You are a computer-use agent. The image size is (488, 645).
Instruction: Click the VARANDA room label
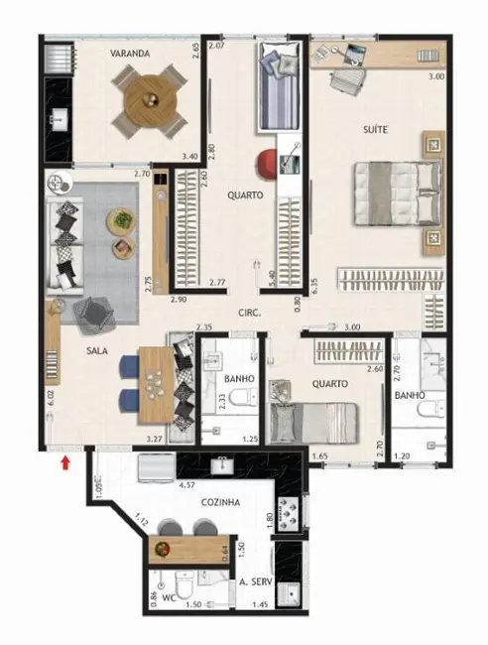129,55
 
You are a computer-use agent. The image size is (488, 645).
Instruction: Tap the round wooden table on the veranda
149,98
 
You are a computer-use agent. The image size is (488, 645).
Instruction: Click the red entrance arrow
65,460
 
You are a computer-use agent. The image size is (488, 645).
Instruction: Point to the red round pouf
269,164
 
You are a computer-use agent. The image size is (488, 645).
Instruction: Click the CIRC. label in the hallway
249,313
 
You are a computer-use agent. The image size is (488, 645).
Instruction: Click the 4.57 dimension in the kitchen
184,486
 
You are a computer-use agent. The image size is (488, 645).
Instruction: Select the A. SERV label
255,582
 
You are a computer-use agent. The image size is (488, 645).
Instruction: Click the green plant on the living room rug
122,217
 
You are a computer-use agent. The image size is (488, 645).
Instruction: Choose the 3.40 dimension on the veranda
189,155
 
